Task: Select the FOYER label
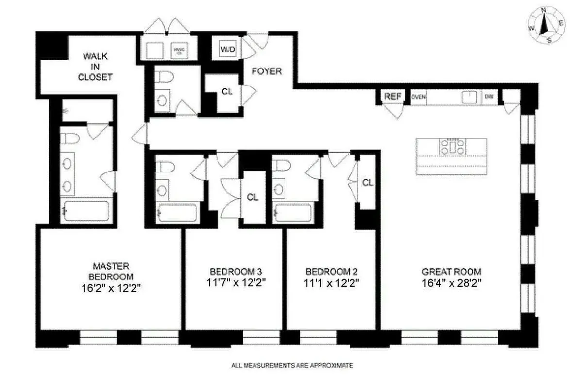point(267,71)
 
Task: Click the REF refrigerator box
point(392,96)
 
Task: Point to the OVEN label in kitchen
point(419,97)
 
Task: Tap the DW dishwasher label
point(488,97)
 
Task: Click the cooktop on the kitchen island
point(452,146)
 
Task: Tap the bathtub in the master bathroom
point(86,211)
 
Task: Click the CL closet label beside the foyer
point(227,91)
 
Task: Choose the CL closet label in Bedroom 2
point(368,183)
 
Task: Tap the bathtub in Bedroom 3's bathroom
point(178,213)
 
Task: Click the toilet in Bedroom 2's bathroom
point(281,166)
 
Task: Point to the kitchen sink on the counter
point(469,97)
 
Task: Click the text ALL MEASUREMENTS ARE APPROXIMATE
point(292,365)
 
